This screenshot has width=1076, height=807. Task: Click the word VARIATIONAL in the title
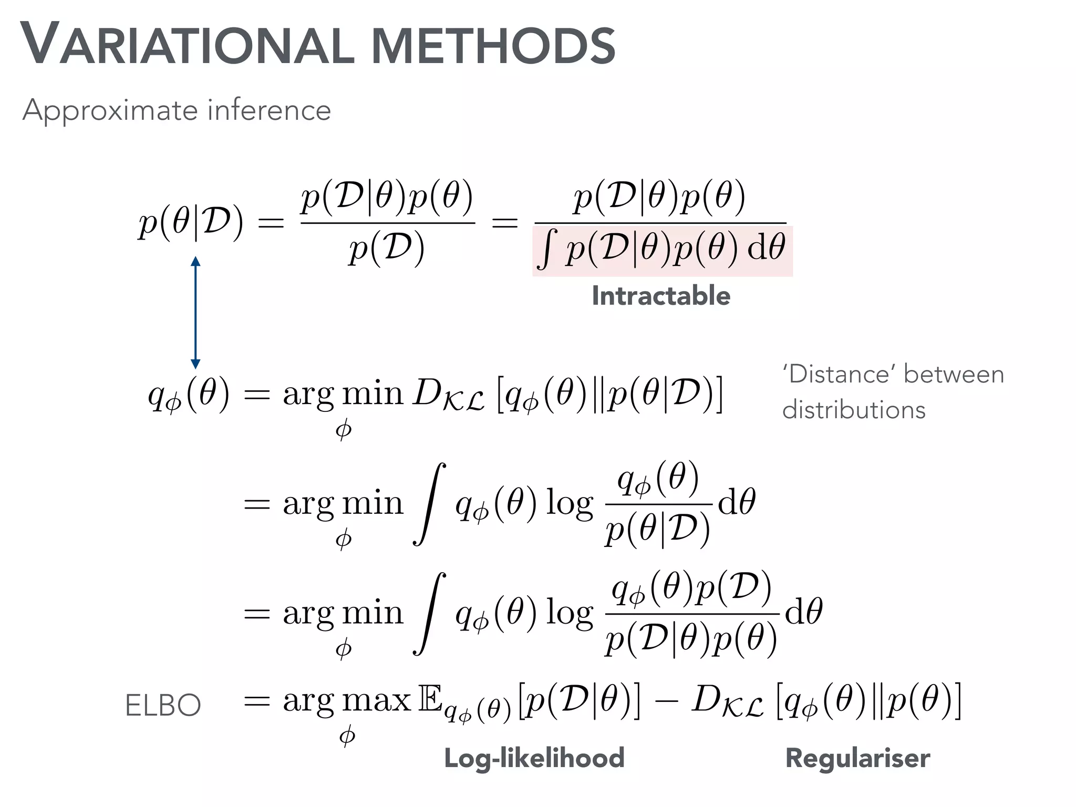pos(187,45)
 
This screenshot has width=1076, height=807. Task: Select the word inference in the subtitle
pos(269,110)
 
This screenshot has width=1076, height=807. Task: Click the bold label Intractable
pos(661,296)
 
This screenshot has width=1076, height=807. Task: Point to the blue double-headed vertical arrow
pos(195,313)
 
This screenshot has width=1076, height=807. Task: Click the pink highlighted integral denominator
pos(662,251)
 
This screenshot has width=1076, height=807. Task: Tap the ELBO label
pos(163,705)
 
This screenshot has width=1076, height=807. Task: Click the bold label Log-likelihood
pos(534,758)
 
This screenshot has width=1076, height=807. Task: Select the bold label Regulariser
pos(857,758)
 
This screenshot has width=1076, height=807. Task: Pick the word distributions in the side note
pos(854,410)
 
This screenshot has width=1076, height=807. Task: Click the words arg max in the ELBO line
pos(347,701)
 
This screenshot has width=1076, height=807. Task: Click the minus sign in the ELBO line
pos(666,702)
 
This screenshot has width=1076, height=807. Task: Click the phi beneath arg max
pos(347,736)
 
